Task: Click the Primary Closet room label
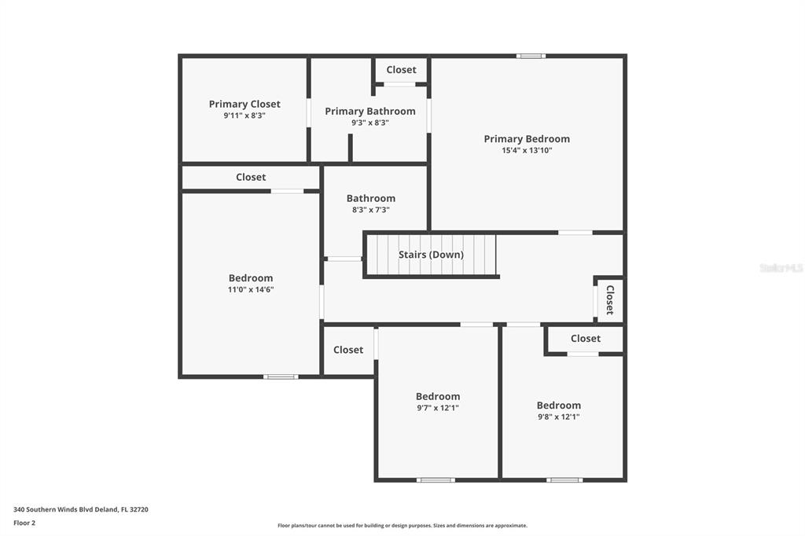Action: (x=244, y=104)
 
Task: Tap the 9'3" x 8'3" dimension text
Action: (x=370, y=123)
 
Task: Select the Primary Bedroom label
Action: (x=527, y=138)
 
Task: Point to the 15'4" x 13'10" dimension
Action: (x=527, y=150)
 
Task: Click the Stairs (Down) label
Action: (x=432, y=255)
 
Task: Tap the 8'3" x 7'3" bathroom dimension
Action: (x=371, y=210)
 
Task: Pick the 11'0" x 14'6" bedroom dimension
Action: (x=251, y=289)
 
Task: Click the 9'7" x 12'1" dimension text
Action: (x=438, y=408)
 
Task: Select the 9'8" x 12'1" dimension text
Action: (x=559, y=417)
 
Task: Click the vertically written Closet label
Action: (x=610, y=300)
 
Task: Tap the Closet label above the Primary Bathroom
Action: (x=401, y=70)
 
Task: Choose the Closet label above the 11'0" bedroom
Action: (x=251, y=177)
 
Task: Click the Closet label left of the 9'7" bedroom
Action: (x=348, y=350)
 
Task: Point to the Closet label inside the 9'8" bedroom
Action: (x=585, y=338)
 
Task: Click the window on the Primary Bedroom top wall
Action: (x=531, y=56)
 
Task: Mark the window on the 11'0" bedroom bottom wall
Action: (x=281, y=376)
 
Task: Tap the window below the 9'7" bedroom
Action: (x=436, y=480)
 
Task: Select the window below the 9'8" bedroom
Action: (x=564, y=480)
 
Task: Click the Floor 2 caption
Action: (x=24, y=523)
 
